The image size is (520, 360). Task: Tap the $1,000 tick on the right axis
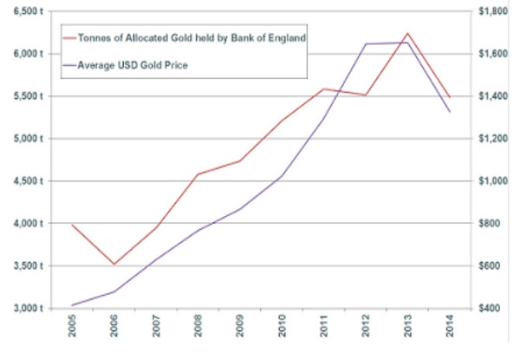496,181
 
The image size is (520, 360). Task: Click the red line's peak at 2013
407,33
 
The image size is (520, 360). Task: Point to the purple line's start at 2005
73,304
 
